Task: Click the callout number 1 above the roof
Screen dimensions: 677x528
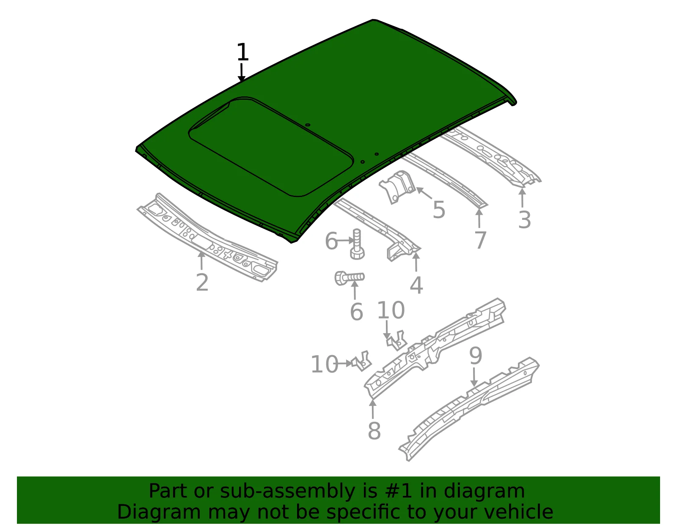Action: pos(243,52)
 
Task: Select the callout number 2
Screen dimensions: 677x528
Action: pos(202,282)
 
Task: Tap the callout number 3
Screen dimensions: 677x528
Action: pos(524,220)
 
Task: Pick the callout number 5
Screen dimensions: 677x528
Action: pos(439,210)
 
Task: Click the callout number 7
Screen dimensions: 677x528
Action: pos(480,240)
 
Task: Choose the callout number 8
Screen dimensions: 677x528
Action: pos(374,431)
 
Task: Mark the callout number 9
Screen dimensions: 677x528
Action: pos(476,356)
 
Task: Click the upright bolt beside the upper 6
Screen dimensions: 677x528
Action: pos(358,244)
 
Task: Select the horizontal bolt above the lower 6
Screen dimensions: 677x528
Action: pos(349,277)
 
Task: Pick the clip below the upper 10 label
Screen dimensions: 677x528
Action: pos(396,340)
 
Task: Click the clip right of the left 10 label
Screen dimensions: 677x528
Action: pos(362,361)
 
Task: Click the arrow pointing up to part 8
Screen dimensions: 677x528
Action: pos(373,409)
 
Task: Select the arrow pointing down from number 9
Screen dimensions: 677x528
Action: pos(474,378)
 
